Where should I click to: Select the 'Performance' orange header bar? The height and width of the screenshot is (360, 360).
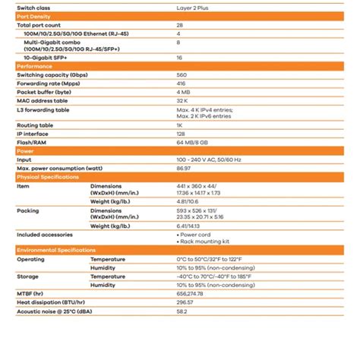(34, 67)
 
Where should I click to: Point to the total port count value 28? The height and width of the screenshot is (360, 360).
(180, 25)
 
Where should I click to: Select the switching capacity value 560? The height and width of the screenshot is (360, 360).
(182, 75)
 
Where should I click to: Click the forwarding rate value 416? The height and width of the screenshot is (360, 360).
(182, 84)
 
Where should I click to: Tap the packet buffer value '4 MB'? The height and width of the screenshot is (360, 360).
(183, 92)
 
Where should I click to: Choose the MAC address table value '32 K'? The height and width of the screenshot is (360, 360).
(182, 100)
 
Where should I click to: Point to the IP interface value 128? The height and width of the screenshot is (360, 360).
(182, 134)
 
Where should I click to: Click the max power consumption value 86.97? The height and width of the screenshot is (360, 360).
(185, 168)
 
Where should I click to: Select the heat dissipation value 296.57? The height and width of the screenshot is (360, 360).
(185, 302)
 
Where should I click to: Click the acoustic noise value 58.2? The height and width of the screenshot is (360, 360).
(182, 311)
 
